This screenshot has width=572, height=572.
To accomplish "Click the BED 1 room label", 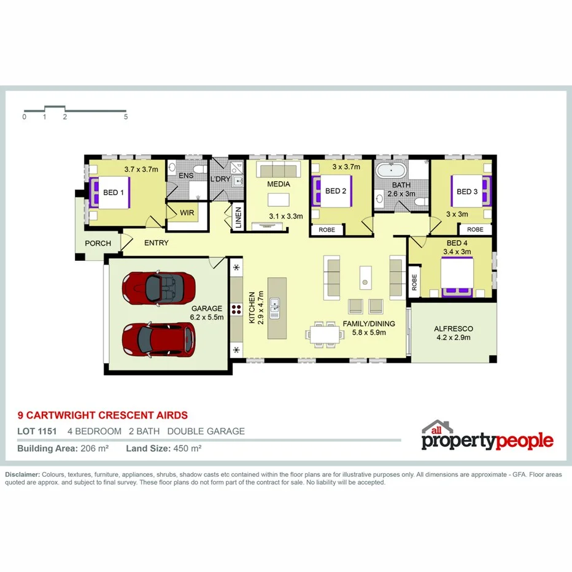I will [x=114, y=192].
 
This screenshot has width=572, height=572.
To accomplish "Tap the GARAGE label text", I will [x=207, y=309].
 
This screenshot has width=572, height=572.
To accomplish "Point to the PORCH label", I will [x=98, y=243].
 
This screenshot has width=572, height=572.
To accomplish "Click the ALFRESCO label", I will [x=453, y=328].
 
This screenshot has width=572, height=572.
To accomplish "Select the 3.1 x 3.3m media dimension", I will [x=287, y=216].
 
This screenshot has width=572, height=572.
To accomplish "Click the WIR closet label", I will [x=187, y=212].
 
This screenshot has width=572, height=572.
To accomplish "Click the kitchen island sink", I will [x=275, y=307].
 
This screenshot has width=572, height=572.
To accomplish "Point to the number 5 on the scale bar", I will [x=126, y=116].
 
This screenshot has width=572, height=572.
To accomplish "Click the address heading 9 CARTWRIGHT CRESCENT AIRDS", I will [x=102, y=415].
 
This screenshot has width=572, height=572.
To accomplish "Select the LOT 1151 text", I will [x=37, y=431].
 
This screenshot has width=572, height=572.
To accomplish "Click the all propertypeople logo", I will [x=487, y=437].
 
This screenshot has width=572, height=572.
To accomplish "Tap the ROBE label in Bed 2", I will [x=326, y=230].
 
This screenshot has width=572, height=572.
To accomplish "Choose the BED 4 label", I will [x=457, y=242].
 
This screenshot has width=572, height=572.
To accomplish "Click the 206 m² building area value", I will [x=95, y=449].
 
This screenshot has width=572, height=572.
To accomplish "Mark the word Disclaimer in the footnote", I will [x=22, y=475].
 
